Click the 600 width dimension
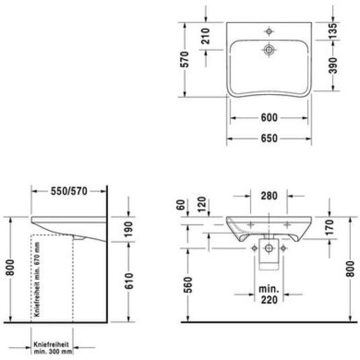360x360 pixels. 269,118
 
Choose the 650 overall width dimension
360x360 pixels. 269,138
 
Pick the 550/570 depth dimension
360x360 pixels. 69,191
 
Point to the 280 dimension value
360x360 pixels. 268,195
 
